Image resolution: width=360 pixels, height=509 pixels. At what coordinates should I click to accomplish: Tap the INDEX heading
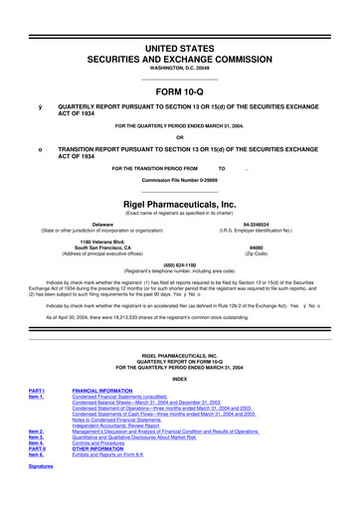coord(180,378)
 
